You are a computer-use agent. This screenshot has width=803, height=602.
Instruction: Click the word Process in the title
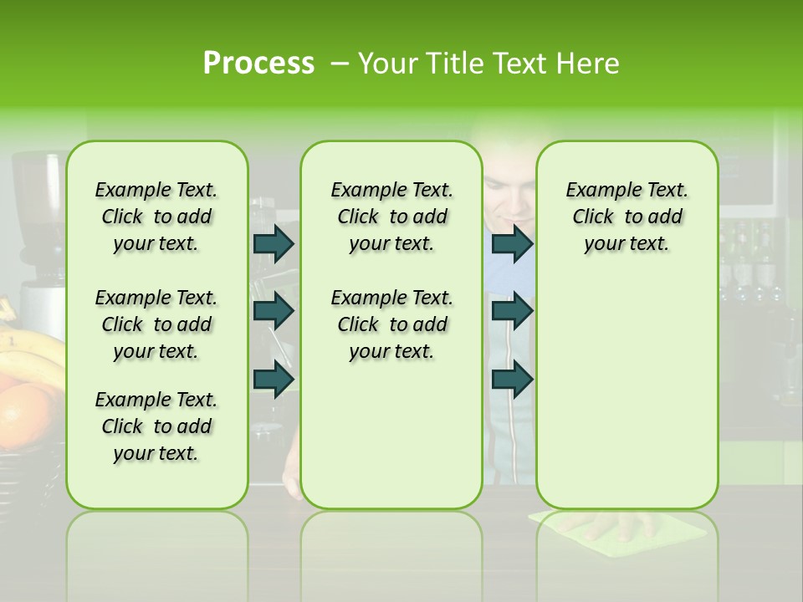pyautogui.click(x=258, y=64)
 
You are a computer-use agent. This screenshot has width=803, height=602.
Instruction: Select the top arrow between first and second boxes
pyautogui.click(x=273, y=243)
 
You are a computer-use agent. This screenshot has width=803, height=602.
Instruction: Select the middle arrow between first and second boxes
pyautogui.click(x=273, y=311)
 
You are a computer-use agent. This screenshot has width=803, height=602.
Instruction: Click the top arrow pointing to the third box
pyautogui.click(x=512, y=243)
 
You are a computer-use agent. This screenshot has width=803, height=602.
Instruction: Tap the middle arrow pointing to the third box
pyautogui.click(x=512, y=311)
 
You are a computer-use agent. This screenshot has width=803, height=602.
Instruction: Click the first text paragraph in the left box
pyautogui.click(x=156, y=217)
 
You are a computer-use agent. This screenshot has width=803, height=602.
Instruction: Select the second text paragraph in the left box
pyautogui.click(x=156, y=324)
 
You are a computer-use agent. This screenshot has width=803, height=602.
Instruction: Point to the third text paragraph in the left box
pyautogui.click(x=156, y=426)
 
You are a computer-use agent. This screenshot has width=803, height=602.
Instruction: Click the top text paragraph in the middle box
pyautogui.click(x=391, y=217)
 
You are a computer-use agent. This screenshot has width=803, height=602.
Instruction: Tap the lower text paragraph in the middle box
pyautogui.click(x=391, y=324)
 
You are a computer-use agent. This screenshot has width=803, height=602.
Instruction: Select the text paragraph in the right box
pyautogui.click(x=627, y=217)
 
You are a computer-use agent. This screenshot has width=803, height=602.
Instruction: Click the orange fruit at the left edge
pyautogui.click(x=29, y=414)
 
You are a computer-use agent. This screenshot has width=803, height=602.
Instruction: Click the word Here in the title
pyautogui.click(x=590, y=64)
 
